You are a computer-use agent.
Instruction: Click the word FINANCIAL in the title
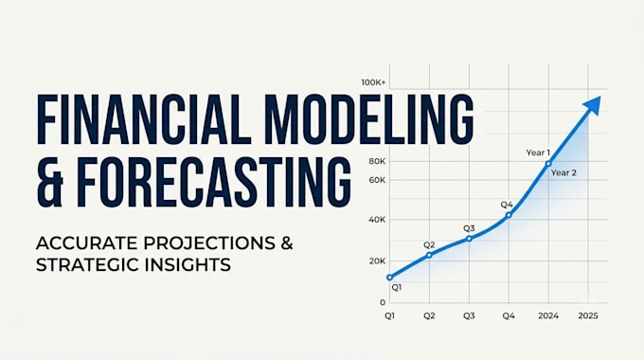(144, 119)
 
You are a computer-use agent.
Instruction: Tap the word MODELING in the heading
(369, 119)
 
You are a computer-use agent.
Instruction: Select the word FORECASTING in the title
(214, 182)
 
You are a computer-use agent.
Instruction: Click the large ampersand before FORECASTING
(49, 182)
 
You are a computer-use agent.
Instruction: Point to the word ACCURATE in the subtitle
(87, 243)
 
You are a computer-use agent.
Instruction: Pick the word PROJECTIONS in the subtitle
(209, 243)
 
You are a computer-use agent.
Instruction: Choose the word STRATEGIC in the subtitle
(80, 264)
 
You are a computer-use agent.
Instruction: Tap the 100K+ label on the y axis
(373, 82)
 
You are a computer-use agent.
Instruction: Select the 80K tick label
(377, 161)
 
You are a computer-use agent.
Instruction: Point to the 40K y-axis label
(377, 220)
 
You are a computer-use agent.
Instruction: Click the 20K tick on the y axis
(377, 261)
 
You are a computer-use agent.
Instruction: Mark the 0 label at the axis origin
(383, 302)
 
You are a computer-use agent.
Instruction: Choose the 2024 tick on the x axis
(548, 315)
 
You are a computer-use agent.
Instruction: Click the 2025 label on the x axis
(588, 315)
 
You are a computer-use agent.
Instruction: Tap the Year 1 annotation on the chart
(538, 153)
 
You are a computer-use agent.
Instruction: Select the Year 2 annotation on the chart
(563, 172)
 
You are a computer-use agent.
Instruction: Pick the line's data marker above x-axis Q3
(470, 239)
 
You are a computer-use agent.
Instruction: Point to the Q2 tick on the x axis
(429, 315)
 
